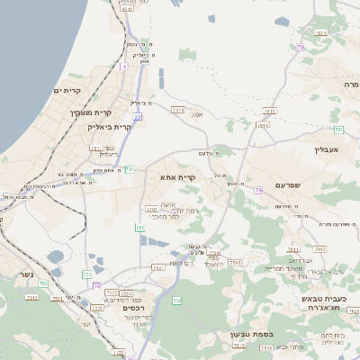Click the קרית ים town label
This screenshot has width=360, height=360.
click(x=67, y=91)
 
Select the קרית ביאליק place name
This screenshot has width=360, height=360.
click(x=112, y=127)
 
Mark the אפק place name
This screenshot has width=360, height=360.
click(x=199, y=114)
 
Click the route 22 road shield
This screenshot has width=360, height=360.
click(x=138, y=116)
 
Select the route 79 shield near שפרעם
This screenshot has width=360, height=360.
click(x=258, y=190)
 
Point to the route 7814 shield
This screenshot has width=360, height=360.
click(x=263, y=125)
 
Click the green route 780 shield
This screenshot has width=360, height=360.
click(x=140, y=229)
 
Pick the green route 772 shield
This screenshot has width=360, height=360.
click(x=87, y=274)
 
